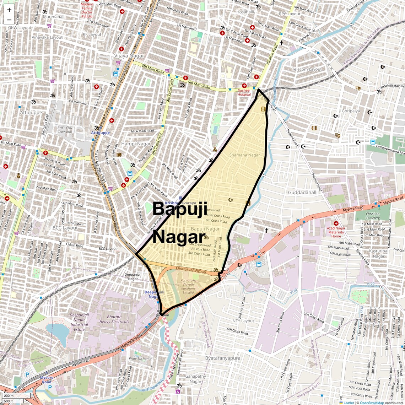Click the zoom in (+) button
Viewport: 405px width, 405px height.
9,10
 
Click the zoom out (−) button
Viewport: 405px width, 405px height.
9,20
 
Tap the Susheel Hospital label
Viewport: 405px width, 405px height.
244,92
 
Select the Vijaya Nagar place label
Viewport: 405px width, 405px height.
129,56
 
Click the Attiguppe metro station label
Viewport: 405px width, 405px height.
101,133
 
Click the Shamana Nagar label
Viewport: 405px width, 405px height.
244,155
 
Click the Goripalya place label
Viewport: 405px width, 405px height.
351,111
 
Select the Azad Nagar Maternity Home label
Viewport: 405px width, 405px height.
336,232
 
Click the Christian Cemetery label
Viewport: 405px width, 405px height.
373,216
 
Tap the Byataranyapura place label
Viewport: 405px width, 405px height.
223,358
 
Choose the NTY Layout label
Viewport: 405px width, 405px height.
243,321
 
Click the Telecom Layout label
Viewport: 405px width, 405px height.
307,69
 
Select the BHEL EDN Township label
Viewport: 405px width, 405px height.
65,129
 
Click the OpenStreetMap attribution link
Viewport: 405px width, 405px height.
372,403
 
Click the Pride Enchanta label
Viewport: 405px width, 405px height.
140,358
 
